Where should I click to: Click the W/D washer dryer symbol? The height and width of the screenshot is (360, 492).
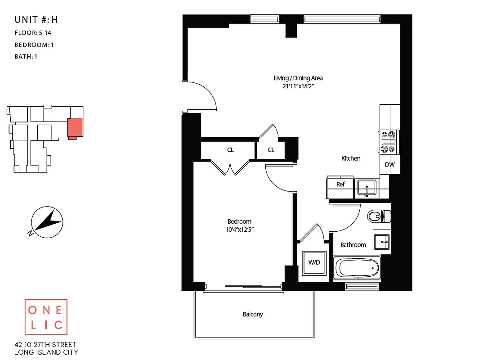314,263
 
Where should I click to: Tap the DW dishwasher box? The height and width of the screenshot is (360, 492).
389,165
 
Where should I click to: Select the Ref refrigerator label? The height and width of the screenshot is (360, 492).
340,184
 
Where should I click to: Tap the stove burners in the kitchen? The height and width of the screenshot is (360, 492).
389,141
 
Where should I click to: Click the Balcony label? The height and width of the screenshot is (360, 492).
253,315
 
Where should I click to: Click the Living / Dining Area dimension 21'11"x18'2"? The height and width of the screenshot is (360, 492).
298,86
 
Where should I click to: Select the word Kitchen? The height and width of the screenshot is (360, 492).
351,158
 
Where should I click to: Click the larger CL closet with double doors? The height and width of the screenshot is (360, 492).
230,150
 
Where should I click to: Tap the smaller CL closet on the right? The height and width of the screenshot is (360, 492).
271,150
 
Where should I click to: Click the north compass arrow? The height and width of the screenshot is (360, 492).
47,221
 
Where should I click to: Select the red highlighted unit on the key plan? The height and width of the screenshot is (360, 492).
75,127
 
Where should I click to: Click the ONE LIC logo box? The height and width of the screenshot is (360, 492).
46,317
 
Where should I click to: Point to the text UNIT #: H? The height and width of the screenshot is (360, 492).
36,20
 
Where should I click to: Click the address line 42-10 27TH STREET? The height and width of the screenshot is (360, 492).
46,344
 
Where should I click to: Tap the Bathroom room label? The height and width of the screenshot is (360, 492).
353,245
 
